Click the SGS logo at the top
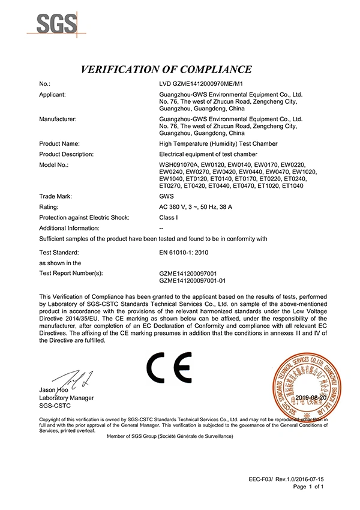point(57,23)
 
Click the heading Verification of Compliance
point(166,69)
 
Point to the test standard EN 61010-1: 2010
point(185,253)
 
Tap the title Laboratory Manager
point(66,397)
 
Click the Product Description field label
point(66,154)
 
